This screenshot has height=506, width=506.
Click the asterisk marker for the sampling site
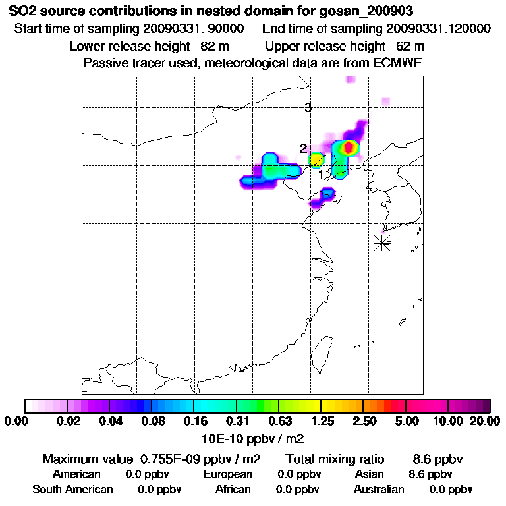pyautogui.click(x=382, y=242)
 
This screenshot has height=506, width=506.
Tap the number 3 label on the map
pyautogui.click(x=308, y=108)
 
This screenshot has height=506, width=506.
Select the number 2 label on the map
pyautogui.click(x=303, y=149)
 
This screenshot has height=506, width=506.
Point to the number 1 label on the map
pyautogui.click(x=322, y=175)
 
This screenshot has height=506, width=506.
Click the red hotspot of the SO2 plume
pyautogui.click(x=349, y=146)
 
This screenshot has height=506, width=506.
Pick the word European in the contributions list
pyautogui.click(x=228, y=474)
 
